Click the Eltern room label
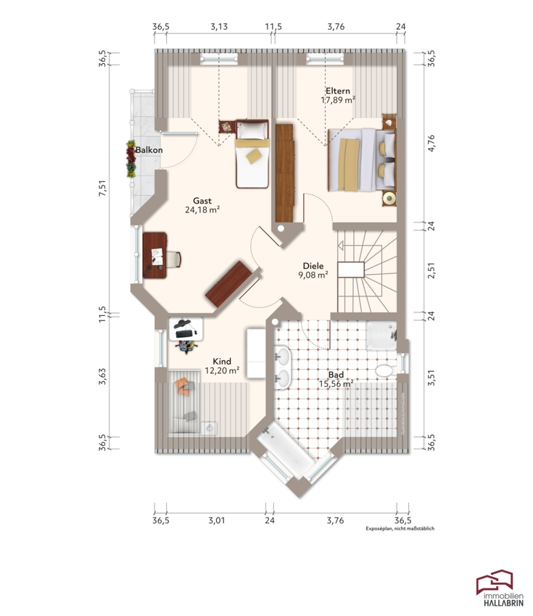click(x=338, y=91)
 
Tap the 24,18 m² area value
click(x=202, y=209)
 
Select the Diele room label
click(x=313, y=266)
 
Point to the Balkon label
click(x=149, y=150)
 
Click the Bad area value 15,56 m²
click(x=336, y=384)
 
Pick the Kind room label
click(x=222, y=361)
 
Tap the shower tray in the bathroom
click(x=381, y=335)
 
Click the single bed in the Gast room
click(x=252, y=154)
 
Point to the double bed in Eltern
click(x=362, y=159)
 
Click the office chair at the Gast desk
click(x=174, y=259)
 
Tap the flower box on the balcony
click(x=131, y=159)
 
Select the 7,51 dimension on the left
click(x=102, y=188)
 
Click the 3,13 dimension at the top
click(x=219, y=27)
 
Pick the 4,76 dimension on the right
click(x=431, y=143)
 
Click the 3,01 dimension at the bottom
click(x=217, y=520)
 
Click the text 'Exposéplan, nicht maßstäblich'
click(x=400, y=529)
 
